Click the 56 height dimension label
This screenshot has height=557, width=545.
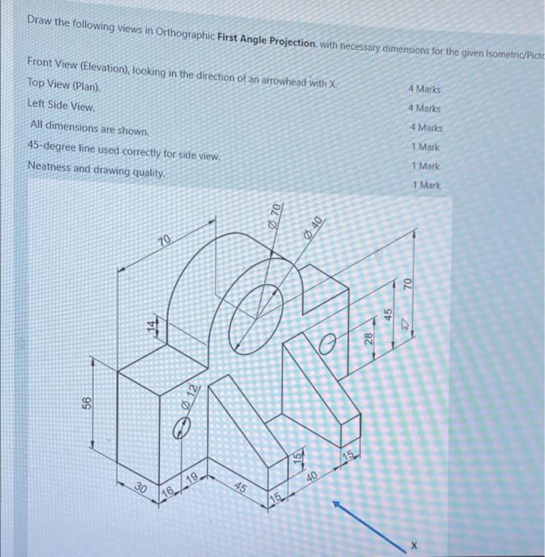click(x=87, y=404)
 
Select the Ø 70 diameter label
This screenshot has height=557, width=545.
click(x=276, y=212)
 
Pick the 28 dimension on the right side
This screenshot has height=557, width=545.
click(x=369, y=338)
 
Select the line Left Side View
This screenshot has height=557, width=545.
click(x=61, y=104)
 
